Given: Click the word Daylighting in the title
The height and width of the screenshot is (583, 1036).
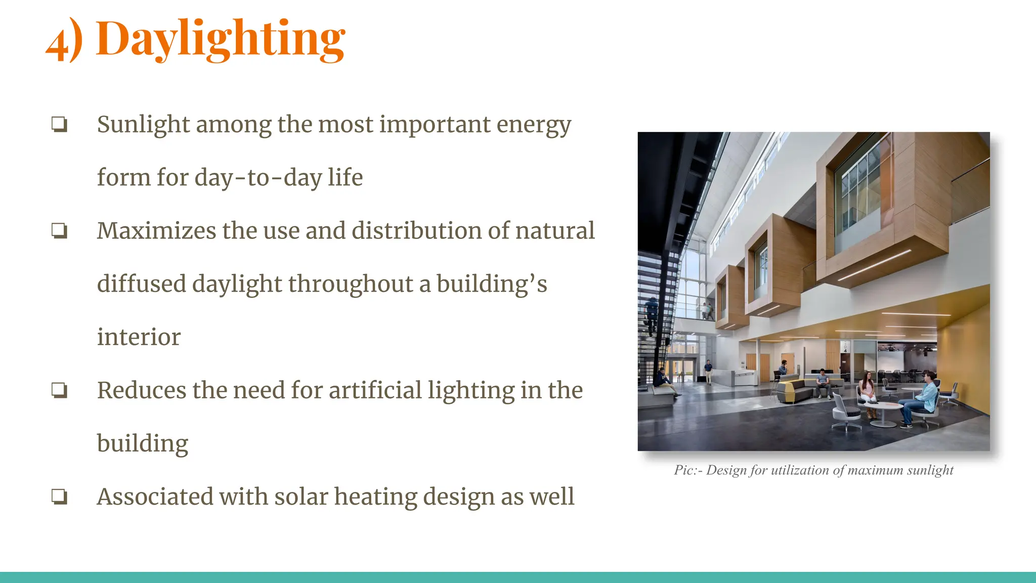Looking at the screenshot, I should (221, 39).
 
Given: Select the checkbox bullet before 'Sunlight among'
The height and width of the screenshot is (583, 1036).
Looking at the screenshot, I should (59, 124).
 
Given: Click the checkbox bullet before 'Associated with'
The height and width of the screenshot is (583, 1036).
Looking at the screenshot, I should (59, 496).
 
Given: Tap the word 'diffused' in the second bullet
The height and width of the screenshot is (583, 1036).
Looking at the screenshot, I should (141, 284).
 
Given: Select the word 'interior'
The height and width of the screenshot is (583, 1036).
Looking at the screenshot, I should (139, 337).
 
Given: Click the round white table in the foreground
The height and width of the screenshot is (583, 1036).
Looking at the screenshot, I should (883, 408).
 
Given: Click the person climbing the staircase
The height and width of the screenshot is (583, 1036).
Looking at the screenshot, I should (652, 314).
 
